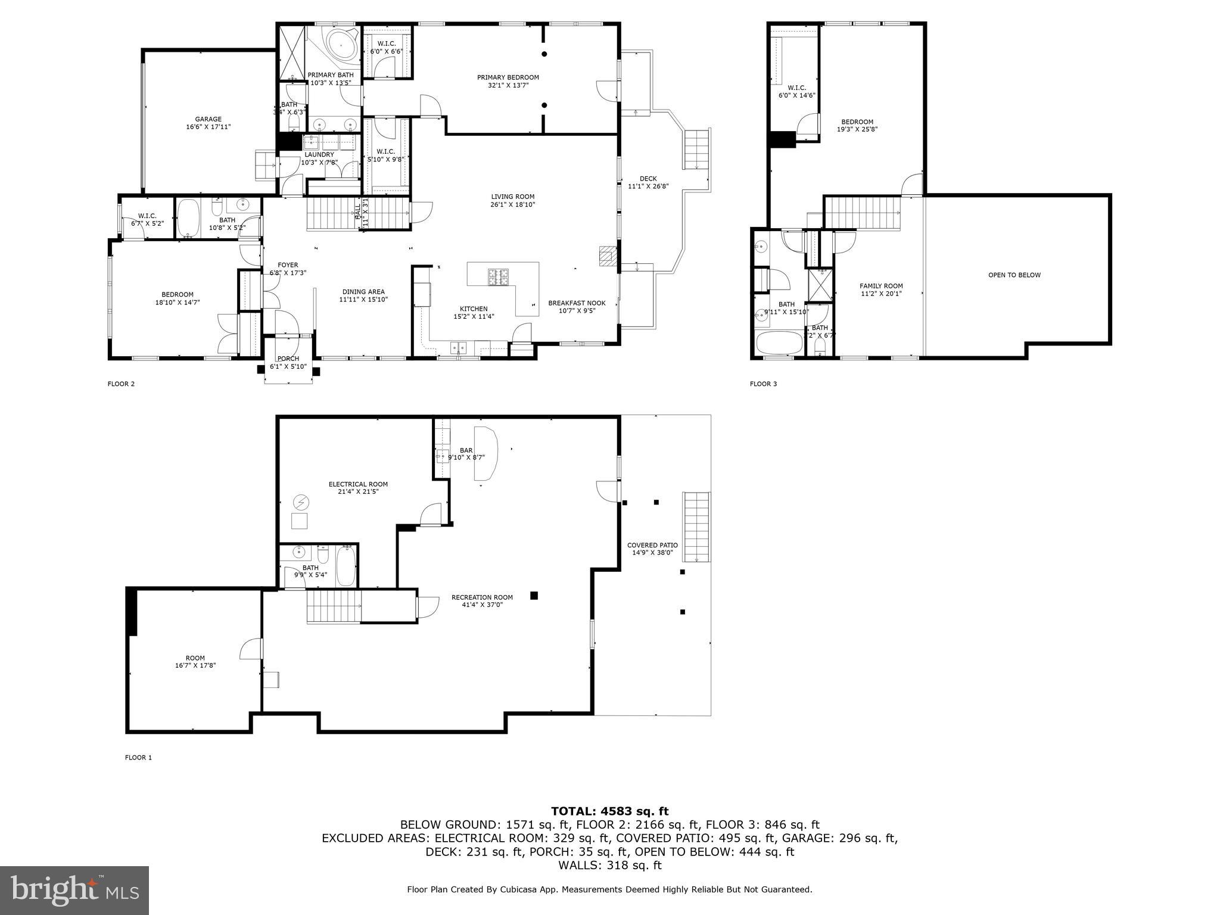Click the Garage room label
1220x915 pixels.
208,119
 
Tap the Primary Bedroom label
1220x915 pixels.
508,77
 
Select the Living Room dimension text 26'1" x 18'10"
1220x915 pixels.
512,205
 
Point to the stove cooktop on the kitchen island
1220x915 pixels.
499,276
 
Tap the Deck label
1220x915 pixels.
648,179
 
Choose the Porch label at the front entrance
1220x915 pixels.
288,359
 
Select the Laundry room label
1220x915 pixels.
319,155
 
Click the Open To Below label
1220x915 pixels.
1014,275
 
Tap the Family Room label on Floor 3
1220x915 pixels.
881,286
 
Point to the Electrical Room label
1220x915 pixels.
358,484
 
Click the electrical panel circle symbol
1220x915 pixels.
300,503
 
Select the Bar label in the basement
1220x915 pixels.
466,450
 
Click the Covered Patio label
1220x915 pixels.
652,545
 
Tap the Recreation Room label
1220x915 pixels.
482,597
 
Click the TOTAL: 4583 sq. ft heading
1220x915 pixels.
609,811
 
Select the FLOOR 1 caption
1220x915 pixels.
138,758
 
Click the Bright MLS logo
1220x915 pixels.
74,890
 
